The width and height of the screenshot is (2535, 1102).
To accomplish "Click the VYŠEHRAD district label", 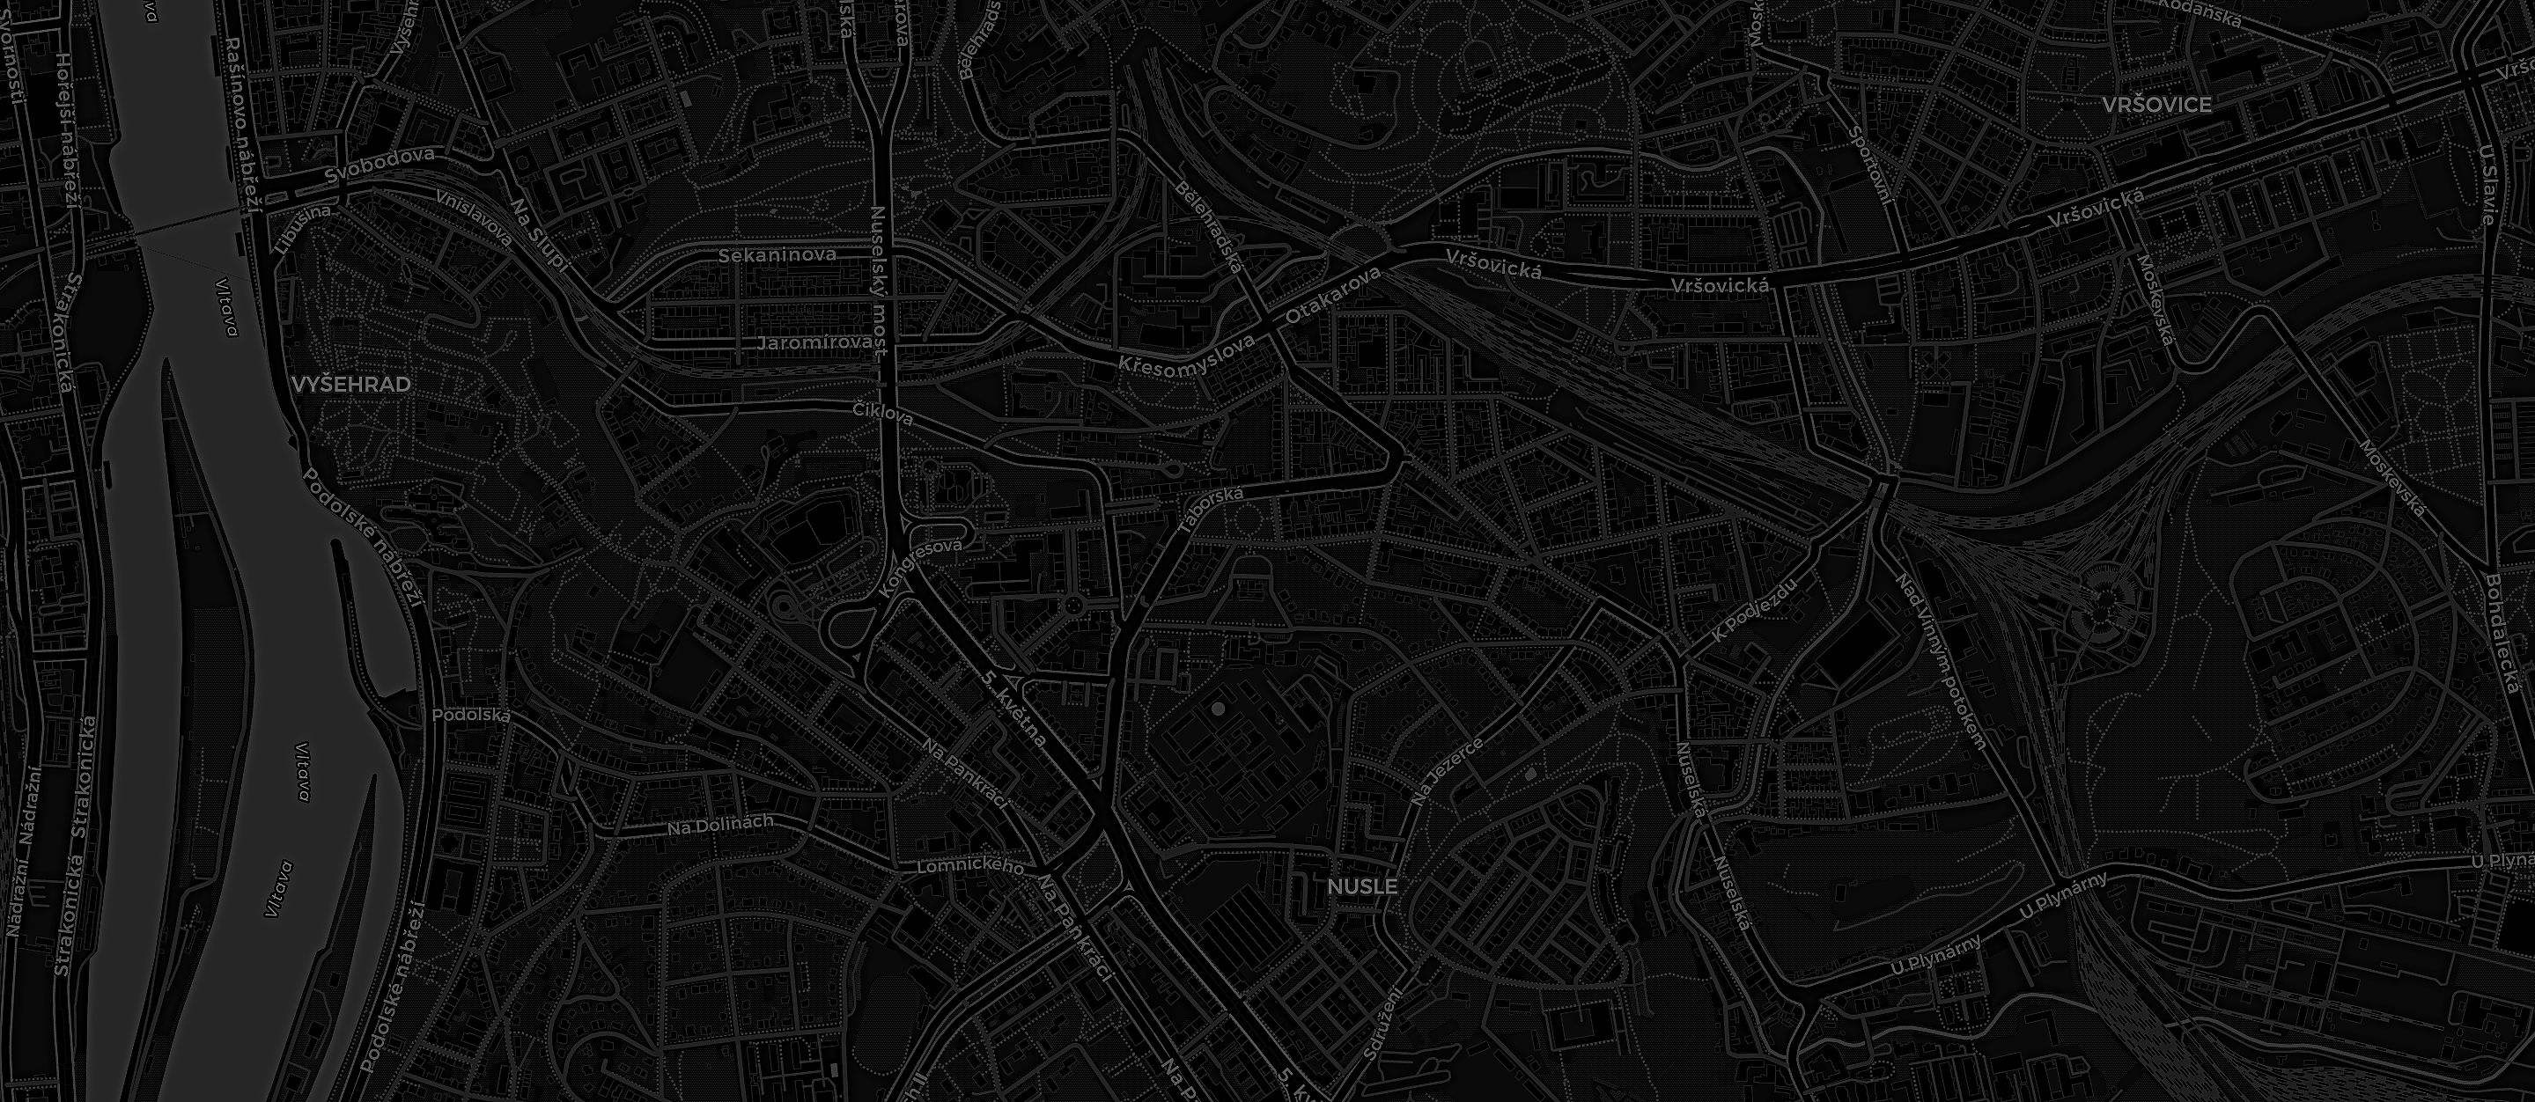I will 351,385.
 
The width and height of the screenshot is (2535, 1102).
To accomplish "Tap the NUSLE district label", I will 1362,886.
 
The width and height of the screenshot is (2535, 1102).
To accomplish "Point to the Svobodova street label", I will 379,165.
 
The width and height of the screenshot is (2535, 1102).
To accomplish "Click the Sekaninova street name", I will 777,256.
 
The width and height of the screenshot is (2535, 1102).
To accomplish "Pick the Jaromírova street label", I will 814,343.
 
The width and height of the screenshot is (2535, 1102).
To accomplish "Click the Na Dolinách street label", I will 720,826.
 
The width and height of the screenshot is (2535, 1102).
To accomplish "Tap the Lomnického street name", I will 970,868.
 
